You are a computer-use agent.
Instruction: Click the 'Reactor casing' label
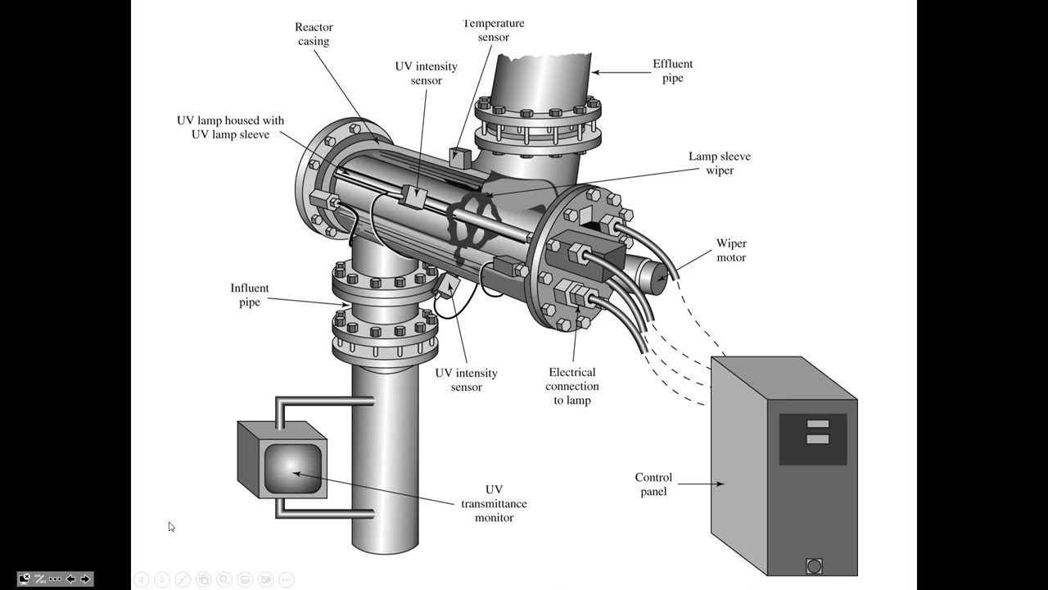click(x=314, y=34)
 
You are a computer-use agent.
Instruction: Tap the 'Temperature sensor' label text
click(x=493, y=30)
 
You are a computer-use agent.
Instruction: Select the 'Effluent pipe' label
click(x=672, y=70)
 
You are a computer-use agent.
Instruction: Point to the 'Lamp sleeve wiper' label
click(x=719, y=163)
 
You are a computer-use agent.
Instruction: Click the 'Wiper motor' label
click(x=731, y=250)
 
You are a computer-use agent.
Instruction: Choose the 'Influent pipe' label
click(x=249, y=295)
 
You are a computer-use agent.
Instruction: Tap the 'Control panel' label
click(x=653, y=484)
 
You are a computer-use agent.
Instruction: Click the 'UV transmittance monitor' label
click(x=494, y=503)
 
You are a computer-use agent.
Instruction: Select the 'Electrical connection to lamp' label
click(x=572, y=386)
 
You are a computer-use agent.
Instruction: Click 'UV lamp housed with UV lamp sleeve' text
click(x=230, y=127)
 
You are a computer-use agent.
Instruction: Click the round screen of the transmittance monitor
click(x=292, y=470)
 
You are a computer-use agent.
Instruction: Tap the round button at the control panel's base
click(x=813, y=566)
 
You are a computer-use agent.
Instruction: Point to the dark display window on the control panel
click(x=812, y=439)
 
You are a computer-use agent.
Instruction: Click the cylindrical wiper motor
click(x=649, y=274)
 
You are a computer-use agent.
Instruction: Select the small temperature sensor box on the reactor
click(x=458, y=155)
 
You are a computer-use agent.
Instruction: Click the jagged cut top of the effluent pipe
click(x=540, y=58)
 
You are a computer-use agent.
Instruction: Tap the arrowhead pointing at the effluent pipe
click(x=597, y=72)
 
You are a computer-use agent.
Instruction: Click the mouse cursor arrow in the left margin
click(x=171, y=526)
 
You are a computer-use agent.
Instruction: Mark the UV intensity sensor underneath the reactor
click(x=445, y=285)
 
